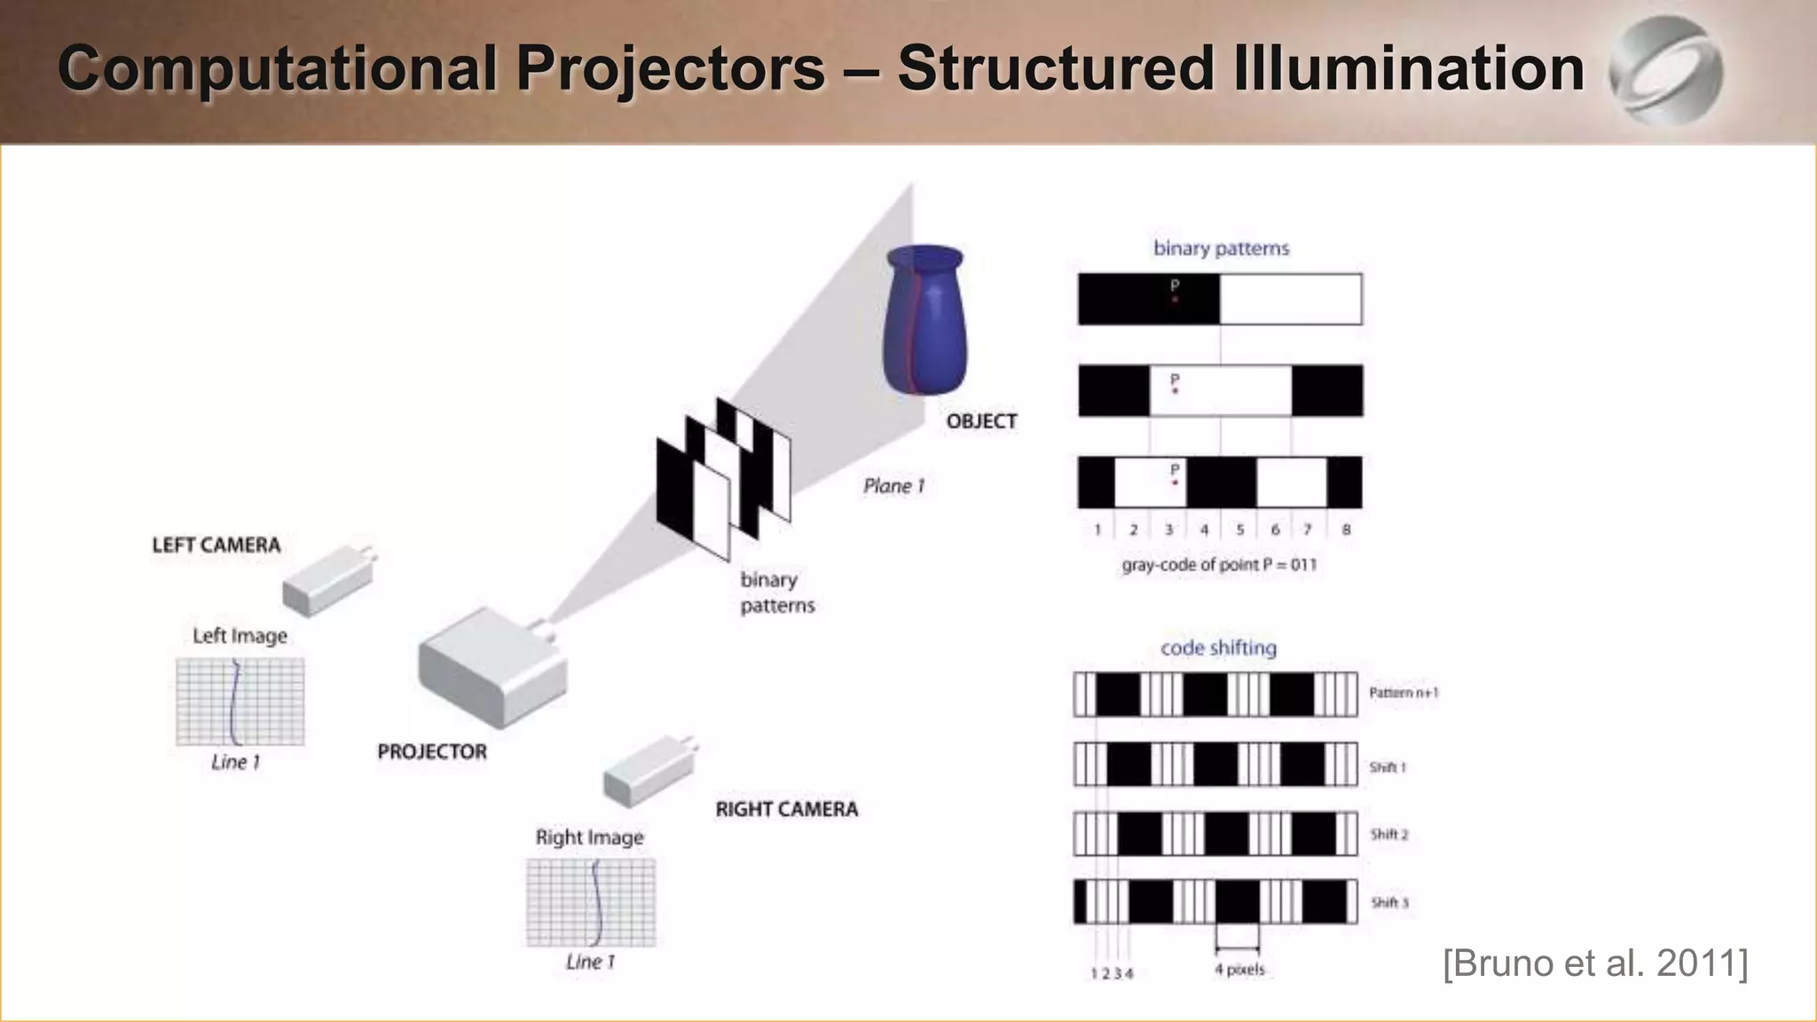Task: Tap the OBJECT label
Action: pyautogui.click(x=981, y=421)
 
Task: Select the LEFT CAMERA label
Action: pyautogui.click(x=216, y=545)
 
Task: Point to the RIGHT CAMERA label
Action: pyautogui.click(x=786, y=809)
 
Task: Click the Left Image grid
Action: pyautogui.click(x=240, y=702)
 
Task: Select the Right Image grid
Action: pyautogui.click(x=591, y=902)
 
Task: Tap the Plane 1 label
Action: pyautogui.click(x=893, y=486)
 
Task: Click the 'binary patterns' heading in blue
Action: pyautogui.click(x=1221, y=248)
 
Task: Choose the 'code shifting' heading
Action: pyautogui.click(x=1218, y=649)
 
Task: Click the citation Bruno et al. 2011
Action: pyautogui.click(x=1595, y=963)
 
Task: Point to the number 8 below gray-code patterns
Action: pyautogui.click(x=1346, y=530)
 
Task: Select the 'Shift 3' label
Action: pyautogui.click(x=1389, y=903)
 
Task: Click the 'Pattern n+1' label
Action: pyautogui.click(x=1403, y=693)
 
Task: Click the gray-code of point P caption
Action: pyautogui.click(x=1219, y=565)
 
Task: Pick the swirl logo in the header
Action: pyautogui.click(x=1665, y=71)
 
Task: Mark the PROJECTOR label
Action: pyautogui.click(x=432, y=751)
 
